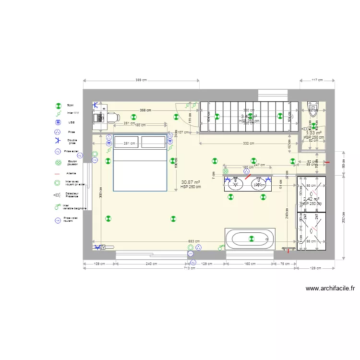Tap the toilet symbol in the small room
coord(313,108)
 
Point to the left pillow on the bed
coord(126,142)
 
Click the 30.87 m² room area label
coord(191,182)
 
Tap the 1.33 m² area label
coord(314,133)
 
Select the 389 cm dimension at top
coord(141,80)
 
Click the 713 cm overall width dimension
coord(190,268)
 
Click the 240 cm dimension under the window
coord(151,264)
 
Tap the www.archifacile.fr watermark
coord(330,289)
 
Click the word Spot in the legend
coord(70,105)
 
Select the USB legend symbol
coord(58,122)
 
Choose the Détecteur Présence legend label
coord(72,195)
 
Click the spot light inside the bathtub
coord(251,239)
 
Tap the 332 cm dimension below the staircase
coord(248,144)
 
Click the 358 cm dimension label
coord(146,110)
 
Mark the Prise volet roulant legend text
coord(71,219)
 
